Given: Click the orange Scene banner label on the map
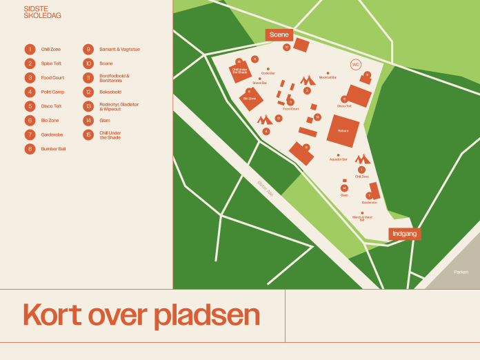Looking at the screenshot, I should coord(279,34).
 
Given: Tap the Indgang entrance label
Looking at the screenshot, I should coord(404,234).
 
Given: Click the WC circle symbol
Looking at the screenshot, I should coord(356,65).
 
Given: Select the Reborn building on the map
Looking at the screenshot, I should coord(343,130).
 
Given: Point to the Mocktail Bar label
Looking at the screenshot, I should coord(328,77).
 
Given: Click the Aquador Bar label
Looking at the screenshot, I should coord(338,159).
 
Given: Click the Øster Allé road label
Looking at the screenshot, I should coord(266,188).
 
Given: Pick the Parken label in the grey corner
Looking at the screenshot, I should coord(461,272).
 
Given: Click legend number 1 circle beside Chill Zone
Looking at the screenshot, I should coord(30,50).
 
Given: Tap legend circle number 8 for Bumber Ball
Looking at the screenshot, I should coord(30,148).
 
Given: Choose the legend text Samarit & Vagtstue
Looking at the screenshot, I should coord(119,50).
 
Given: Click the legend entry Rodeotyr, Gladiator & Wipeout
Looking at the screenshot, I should coord(119,106).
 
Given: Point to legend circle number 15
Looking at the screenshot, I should coord(88,134).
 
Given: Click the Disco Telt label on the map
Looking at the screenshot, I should coord(344,106).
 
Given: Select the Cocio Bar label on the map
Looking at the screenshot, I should coord(268,73).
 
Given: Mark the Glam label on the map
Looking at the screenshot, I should coord(344,195).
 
